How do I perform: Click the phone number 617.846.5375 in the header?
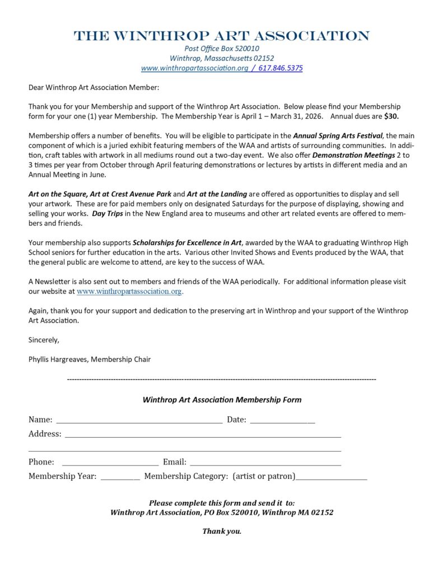281,68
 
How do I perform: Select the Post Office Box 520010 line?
222,48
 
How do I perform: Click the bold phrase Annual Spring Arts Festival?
338,135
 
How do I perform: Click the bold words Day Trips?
107,213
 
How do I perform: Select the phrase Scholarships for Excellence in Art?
187,242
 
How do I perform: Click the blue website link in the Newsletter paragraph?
129,291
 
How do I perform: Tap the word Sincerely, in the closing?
44,340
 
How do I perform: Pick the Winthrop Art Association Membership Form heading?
222,400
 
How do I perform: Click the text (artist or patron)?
264,476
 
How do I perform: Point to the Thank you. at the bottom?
222,531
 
